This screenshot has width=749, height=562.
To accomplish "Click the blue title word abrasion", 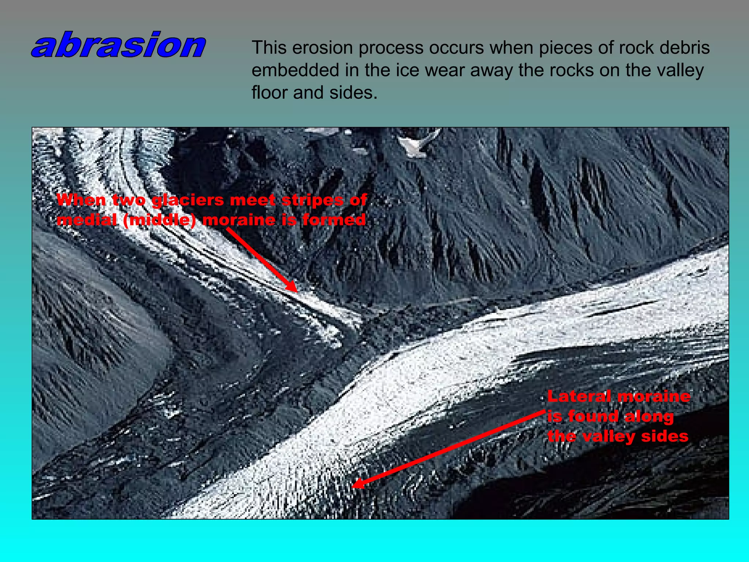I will pos(119,45).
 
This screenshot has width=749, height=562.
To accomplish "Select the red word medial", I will pos(87,220).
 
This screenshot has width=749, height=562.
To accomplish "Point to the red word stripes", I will pos(312,201).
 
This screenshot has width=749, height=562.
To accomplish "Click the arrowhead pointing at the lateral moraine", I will pos(357,484).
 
